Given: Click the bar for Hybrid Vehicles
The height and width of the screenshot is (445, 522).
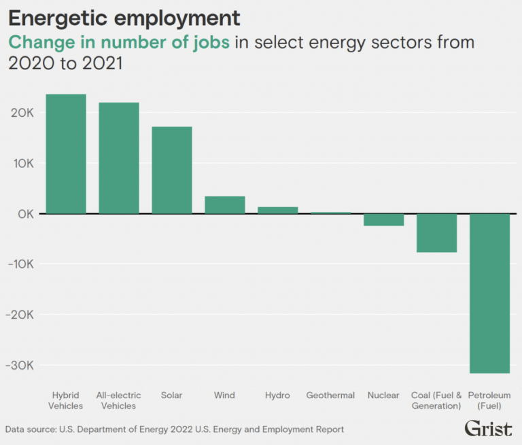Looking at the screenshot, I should click(66, 154).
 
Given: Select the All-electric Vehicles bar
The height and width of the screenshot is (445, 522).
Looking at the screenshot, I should click(119, 158).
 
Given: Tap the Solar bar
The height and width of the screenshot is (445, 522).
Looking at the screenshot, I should click(171, 171).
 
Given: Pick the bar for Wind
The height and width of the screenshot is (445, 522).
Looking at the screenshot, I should click(225, 205).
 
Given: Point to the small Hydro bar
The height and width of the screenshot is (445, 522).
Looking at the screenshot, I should click(277, 211).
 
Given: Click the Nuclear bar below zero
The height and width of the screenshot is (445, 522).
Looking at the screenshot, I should click(384, 219).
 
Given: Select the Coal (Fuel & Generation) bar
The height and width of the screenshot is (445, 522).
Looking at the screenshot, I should click(436, 233).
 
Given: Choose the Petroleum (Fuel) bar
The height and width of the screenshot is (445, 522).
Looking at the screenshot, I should click(489, 293).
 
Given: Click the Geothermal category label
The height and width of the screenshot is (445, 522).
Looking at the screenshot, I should click(330, 395).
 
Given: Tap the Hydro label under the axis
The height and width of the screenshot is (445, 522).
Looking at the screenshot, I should click(277, 395).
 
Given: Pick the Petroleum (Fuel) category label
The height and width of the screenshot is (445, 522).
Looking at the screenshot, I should click(489, 401).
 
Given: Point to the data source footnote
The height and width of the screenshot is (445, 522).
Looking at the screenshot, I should click(175, 429).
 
